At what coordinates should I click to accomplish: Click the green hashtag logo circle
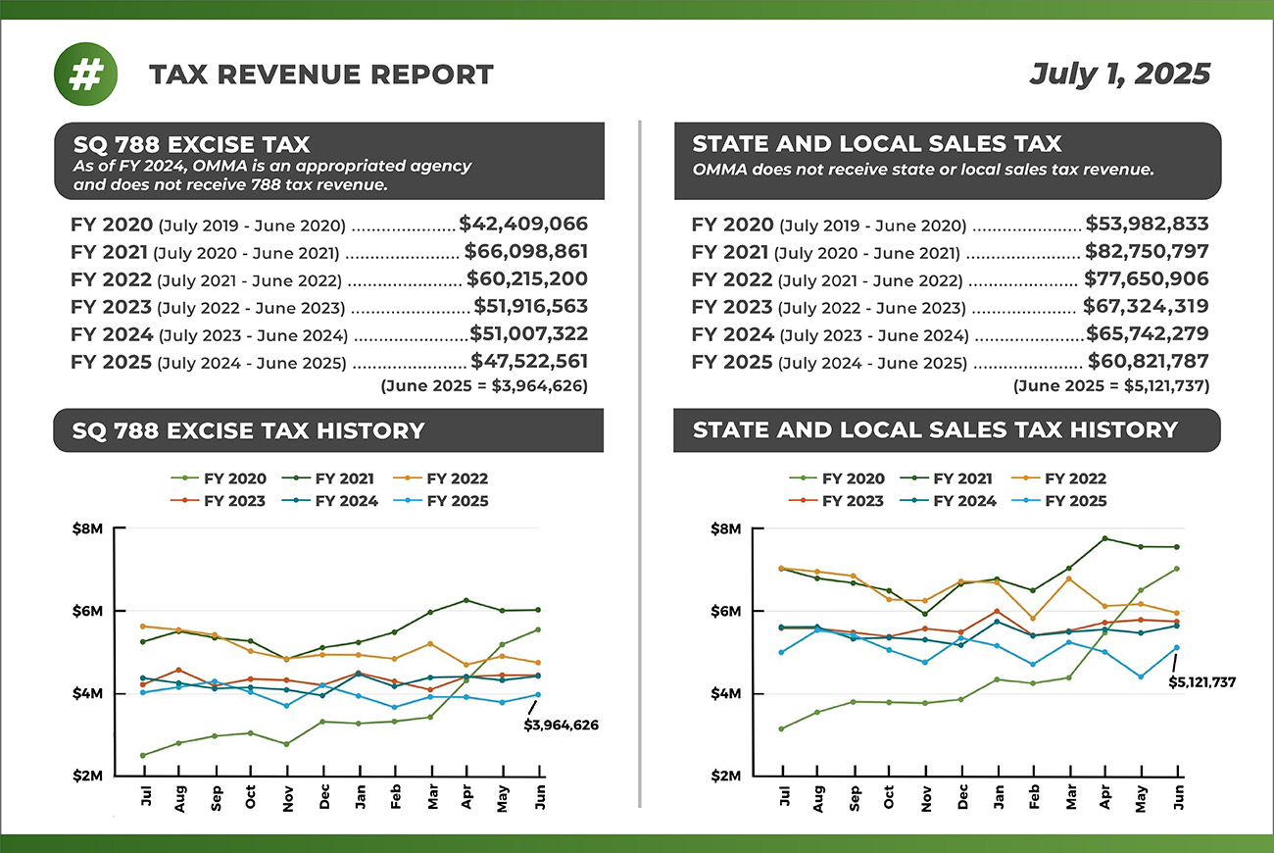click(85, 75)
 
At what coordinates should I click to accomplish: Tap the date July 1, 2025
click(1119, 75)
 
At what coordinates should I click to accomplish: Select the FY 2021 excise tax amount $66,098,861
click(525, 252)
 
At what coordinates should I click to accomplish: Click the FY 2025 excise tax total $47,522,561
click(529, 362)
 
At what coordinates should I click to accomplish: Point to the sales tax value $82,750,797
click(1147, 252)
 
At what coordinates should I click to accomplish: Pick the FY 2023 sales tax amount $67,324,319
click(1146, 307)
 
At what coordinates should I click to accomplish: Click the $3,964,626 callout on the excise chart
click(561, 726)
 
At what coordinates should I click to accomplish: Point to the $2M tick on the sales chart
click(724, 776)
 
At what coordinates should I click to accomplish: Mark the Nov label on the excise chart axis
click(287, 796)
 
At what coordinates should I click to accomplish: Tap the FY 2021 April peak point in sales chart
click(1104, 538)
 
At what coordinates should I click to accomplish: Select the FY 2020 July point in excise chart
click(144, 755)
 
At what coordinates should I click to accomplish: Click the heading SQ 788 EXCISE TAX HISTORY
click(248, 430)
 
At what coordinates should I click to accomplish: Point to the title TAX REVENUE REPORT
click(321, 75)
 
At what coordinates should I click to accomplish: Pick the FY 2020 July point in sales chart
click(781, 728)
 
